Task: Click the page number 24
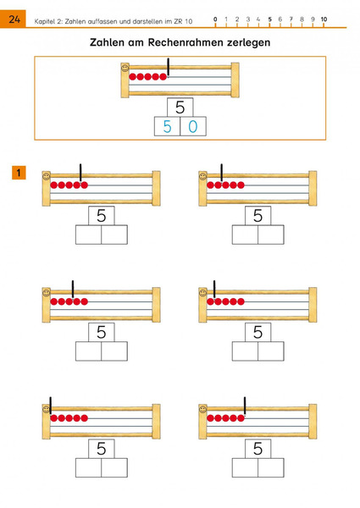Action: [14, 19]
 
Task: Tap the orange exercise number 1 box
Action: [19, 173]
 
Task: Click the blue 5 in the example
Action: [167, 127]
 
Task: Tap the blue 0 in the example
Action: [193, 127]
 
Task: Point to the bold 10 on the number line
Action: [324, 19]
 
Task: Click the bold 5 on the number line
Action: [269, 19]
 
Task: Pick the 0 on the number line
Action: [215, 19]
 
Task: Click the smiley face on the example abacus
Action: [125, 68]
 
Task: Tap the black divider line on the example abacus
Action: [169, 68]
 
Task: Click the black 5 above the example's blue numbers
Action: [180, 108]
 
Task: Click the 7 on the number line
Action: [291, 19]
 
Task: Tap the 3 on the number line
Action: [248, 19]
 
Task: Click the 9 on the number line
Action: [313, 19]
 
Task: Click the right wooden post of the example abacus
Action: [235, 80]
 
